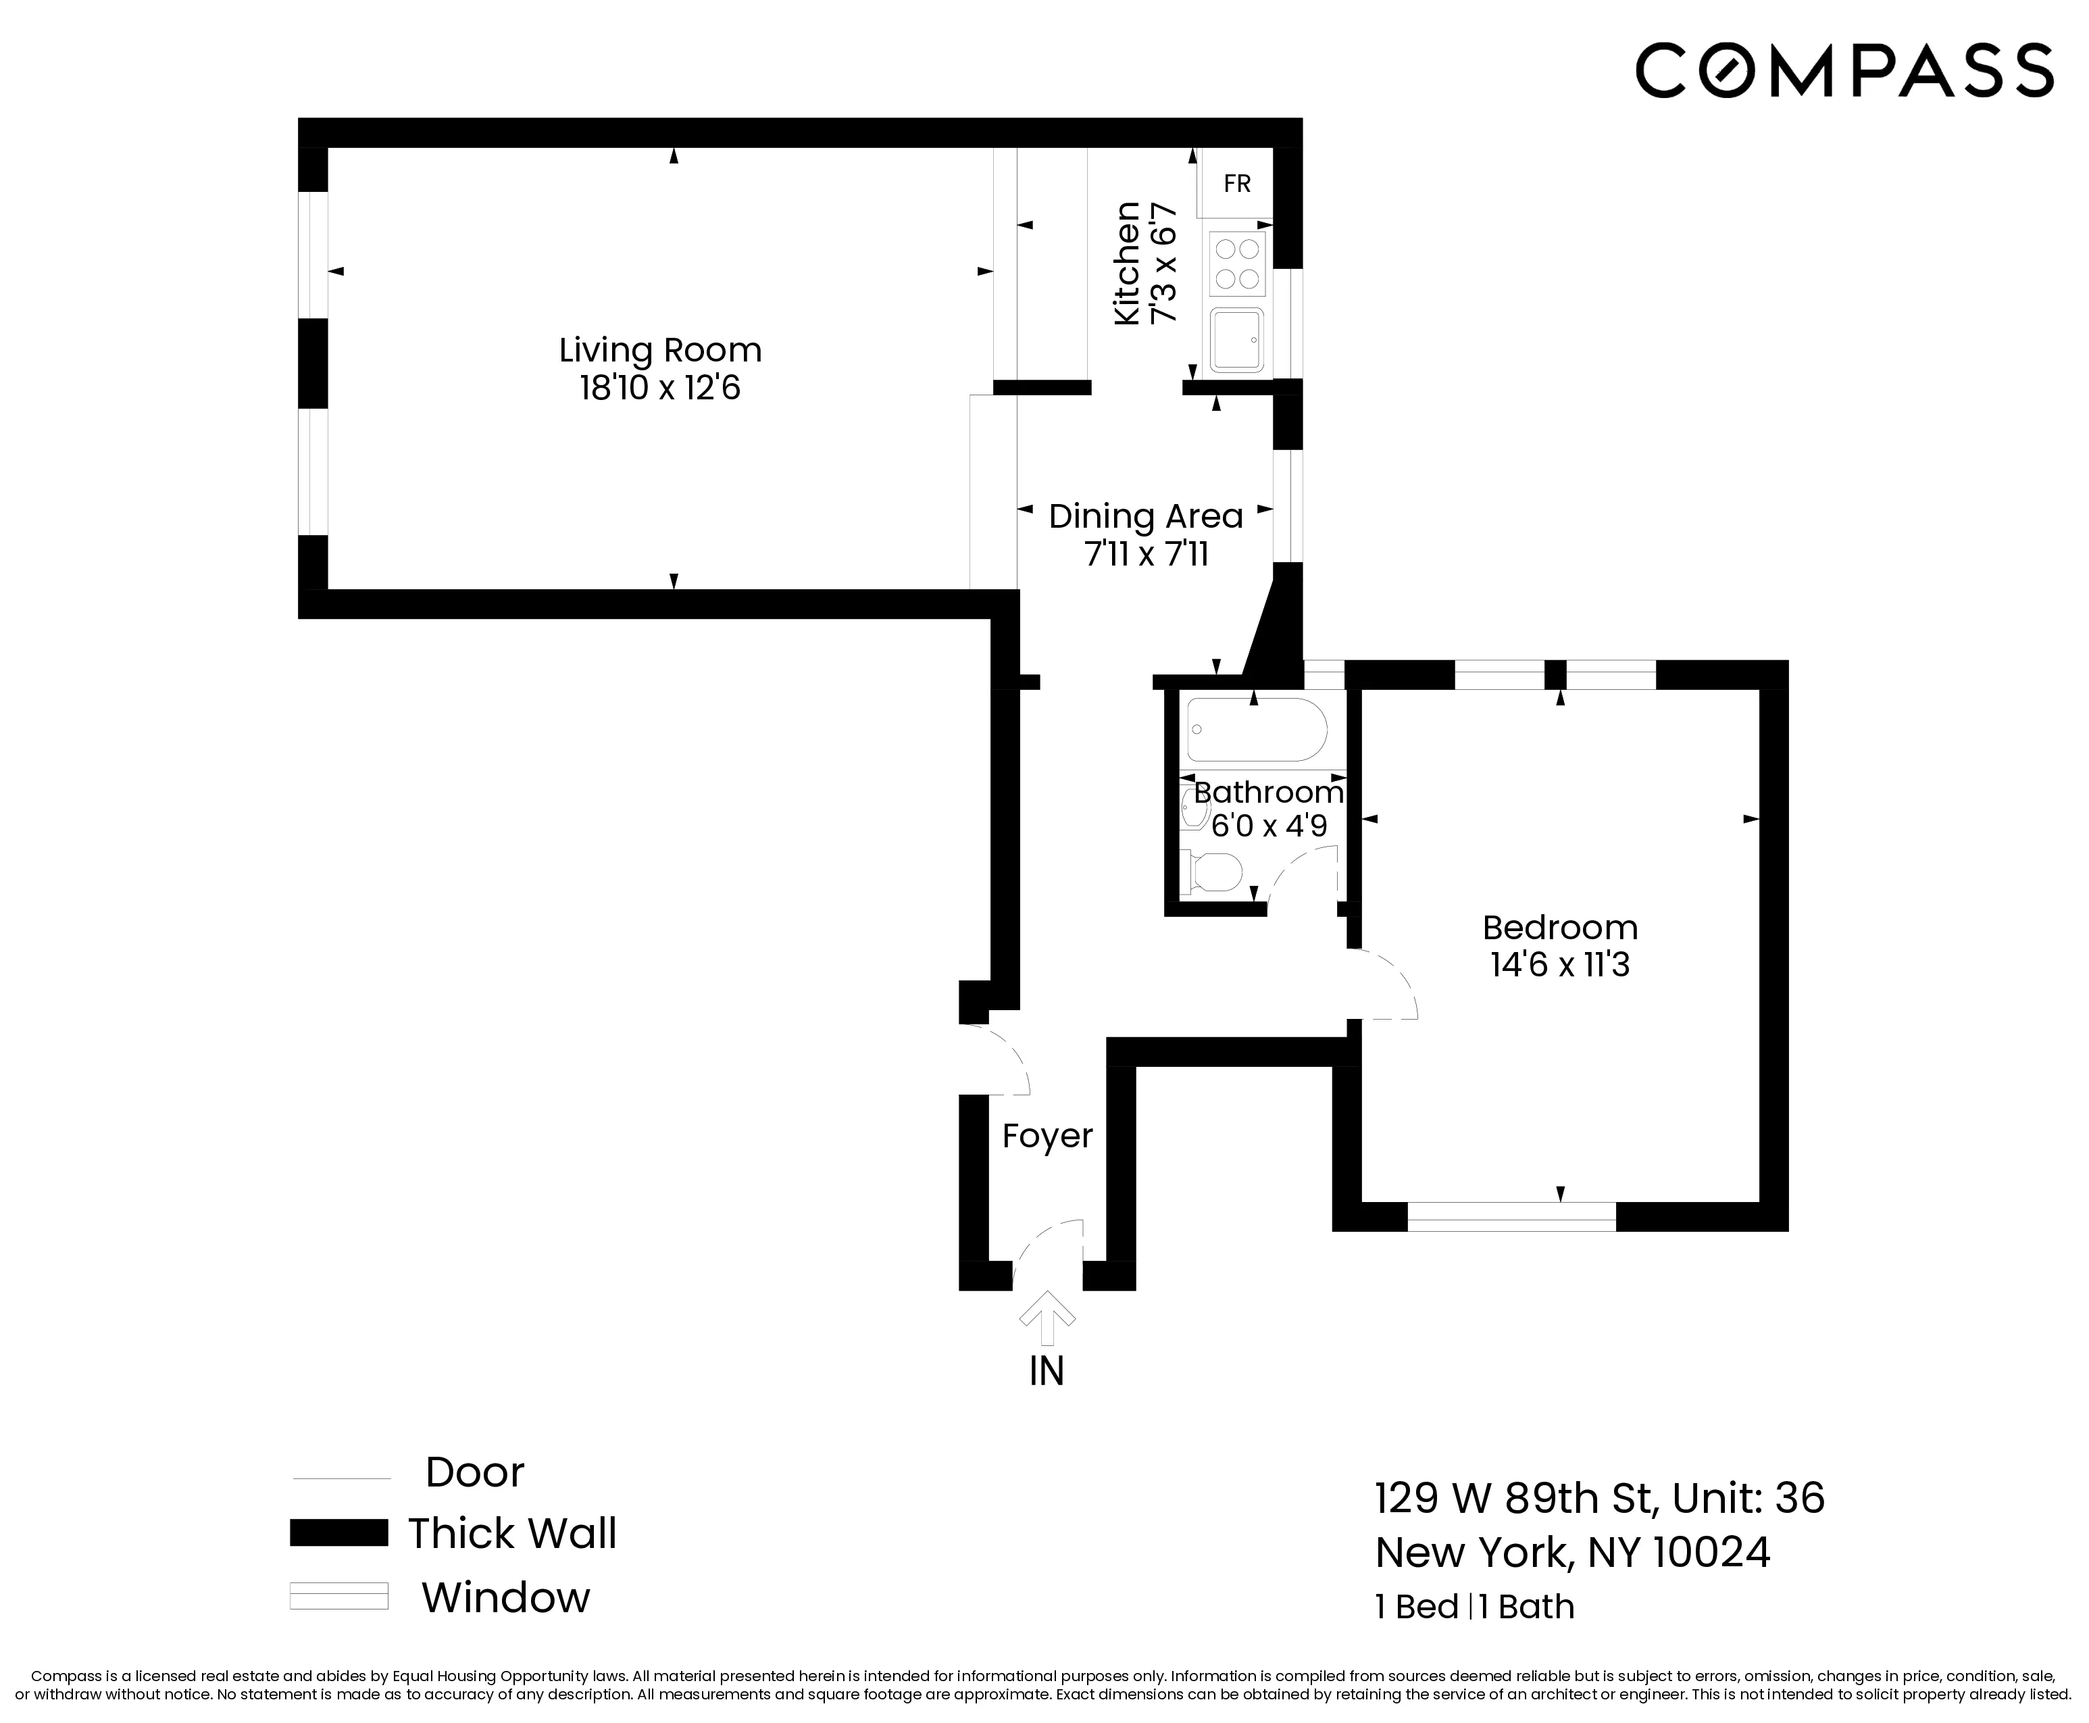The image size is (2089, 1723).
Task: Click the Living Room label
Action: (x=660, y=351)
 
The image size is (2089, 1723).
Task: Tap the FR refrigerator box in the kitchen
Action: (x=1236, y=184)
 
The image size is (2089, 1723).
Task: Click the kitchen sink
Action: (x=1236, y=339)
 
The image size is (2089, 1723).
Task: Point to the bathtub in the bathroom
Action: (x=1255, y=730)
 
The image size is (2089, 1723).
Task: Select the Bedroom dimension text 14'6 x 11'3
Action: (x=1559, y=965)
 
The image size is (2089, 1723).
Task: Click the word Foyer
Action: (x=1047, y=1135)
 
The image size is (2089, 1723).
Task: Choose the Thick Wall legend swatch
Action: (x=338, y=1532)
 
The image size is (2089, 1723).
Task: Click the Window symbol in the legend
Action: (x=338, y=1596)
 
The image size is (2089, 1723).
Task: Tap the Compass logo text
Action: (x=1844, y=70)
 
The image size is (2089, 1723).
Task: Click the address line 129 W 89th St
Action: (x=1599, y=1499)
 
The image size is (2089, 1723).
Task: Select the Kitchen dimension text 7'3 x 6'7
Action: (x=1163, y=263)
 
